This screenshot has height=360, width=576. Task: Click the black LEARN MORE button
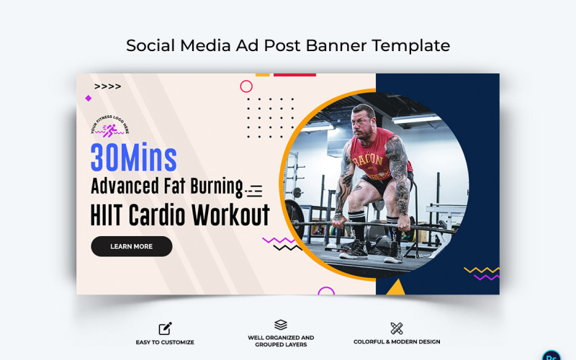click(131, 246)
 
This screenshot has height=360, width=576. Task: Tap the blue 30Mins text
click(133, 158)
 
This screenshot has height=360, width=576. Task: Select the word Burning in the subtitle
click(214, 186)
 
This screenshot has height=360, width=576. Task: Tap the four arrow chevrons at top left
click(107, 86)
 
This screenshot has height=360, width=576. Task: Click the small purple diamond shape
click(89, 98)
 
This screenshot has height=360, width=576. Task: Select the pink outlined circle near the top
click(246, 86)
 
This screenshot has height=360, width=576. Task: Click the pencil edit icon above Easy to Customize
click(165, 328)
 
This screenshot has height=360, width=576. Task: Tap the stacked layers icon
click(281, 325)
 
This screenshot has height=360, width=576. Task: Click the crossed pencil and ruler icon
click(396, 328)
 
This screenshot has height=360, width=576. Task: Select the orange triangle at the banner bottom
click(395, 288)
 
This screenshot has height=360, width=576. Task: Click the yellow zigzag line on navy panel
click(481, 270)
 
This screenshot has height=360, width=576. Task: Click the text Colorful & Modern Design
click(397, 342)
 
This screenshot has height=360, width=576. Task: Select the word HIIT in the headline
click(109, 215)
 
